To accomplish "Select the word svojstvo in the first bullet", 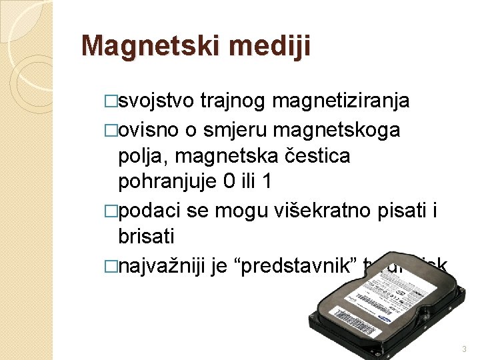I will pyautogui.click(x=153, y=101).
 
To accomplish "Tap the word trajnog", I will pyautogui.click(x=233, y=101).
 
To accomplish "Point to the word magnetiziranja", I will pyautogui.click(x=341, y=101).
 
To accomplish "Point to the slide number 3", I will pyautogui.click(x=463, y=349).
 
